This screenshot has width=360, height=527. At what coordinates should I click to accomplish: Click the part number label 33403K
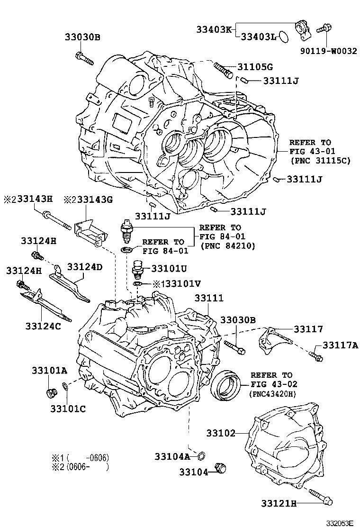(x=214, y=29)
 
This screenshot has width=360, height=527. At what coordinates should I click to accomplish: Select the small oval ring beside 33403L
(x=283, y=36)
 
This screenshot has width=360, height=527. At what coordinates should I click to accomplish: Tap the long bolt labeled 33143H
(x=57, y=220)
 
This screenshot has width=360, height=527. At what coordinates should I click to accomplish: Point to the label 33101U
(x=169, y=268)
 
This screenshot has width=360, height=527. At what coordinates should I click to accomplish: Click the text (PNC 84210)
(x=228, y=245)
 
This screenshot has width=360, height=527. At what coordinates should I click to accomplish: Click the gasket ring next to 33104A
(x=200, y=456)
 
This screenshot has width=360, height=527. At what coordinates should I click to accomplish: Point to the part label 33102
(x=221, y=433)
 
